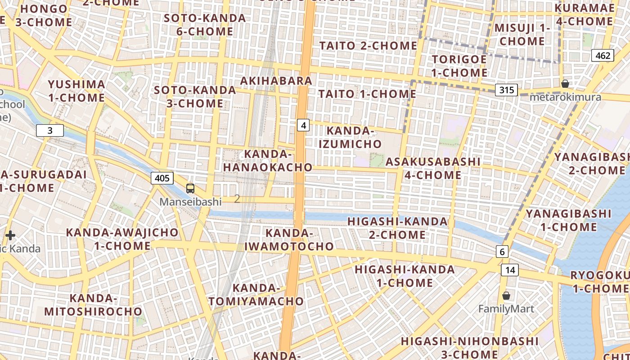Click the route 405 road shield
pyautogui.click(x=162, y=178)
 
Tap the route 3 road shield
pyautogui.click(x=50, y=130)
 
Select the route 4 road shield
pyautogui.click(x=303, y=125)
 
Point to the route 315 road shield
pyautogui.click(x=506, y=90)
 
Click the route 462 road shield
pyautogui.click(x=603, y=55)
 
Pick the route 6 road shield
pyautogui.click(x=502, y=252)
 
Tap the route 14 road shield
pyautogui.click(x=510, y=270)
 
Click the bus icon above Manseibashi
pyautogui.click(x=190, y=189)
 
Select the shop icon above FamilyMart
pyautogui.click(x=506, y=296)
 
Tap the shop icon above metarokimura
pyautogui.click(x=565, y=84)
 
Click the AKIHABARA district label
pyautogui.click(x=276, y=81)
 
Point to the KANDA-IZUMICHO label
pyautogui.click(x=351, y=137)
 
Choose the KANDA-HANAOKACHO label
pyautogui.click(x=268, y=161)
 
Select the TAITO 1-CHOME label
pyautogui.click(x=368, y=94)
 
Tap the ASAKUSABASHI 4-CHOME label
pyautogui.click(x=433, y=168)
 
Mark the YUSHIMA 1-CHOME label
pyautogui.click(x=76, y=91)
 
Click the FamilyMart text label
pyautogui.click(x=506, y=309)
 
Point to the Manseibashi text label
pyautogui.click(x=191, y=202)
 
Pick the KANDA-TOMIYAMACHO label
pyautogui.click(x=256, y=294)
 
